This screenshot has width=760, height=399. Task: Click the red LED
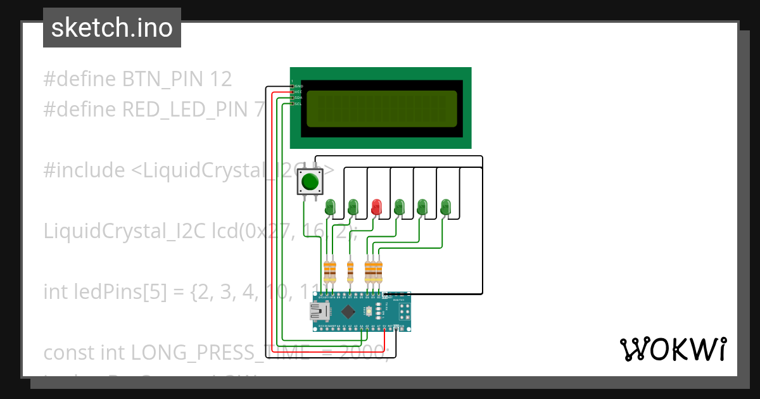tap(377, 206)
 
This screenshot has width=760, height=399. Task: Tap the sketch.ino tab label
tap(111, 28)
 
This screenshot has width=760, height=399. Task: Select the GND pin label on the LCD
tap(298, 85)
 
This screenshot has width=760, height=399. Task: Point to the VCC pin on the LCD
tap(298, 92)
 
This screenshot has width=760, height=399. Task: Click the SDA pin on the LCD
tap(298, 98)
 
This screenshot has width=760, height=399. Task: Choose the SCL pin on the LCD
tap(298, 104)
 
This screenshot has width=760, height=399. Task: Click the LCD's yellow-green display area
tap(381, 108)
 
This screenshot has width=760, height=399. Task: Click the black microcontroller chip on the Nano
tap(348, 311)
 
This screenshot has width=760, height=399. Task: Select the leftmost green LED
tap(330, 206)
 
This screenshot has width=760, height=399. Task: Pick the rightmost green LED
tap(446, 206)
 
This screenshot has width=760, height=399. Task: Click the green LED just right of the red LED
tap(400, 206)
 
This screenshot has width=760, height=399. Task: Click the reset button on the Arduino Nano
tap(369, 311)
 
